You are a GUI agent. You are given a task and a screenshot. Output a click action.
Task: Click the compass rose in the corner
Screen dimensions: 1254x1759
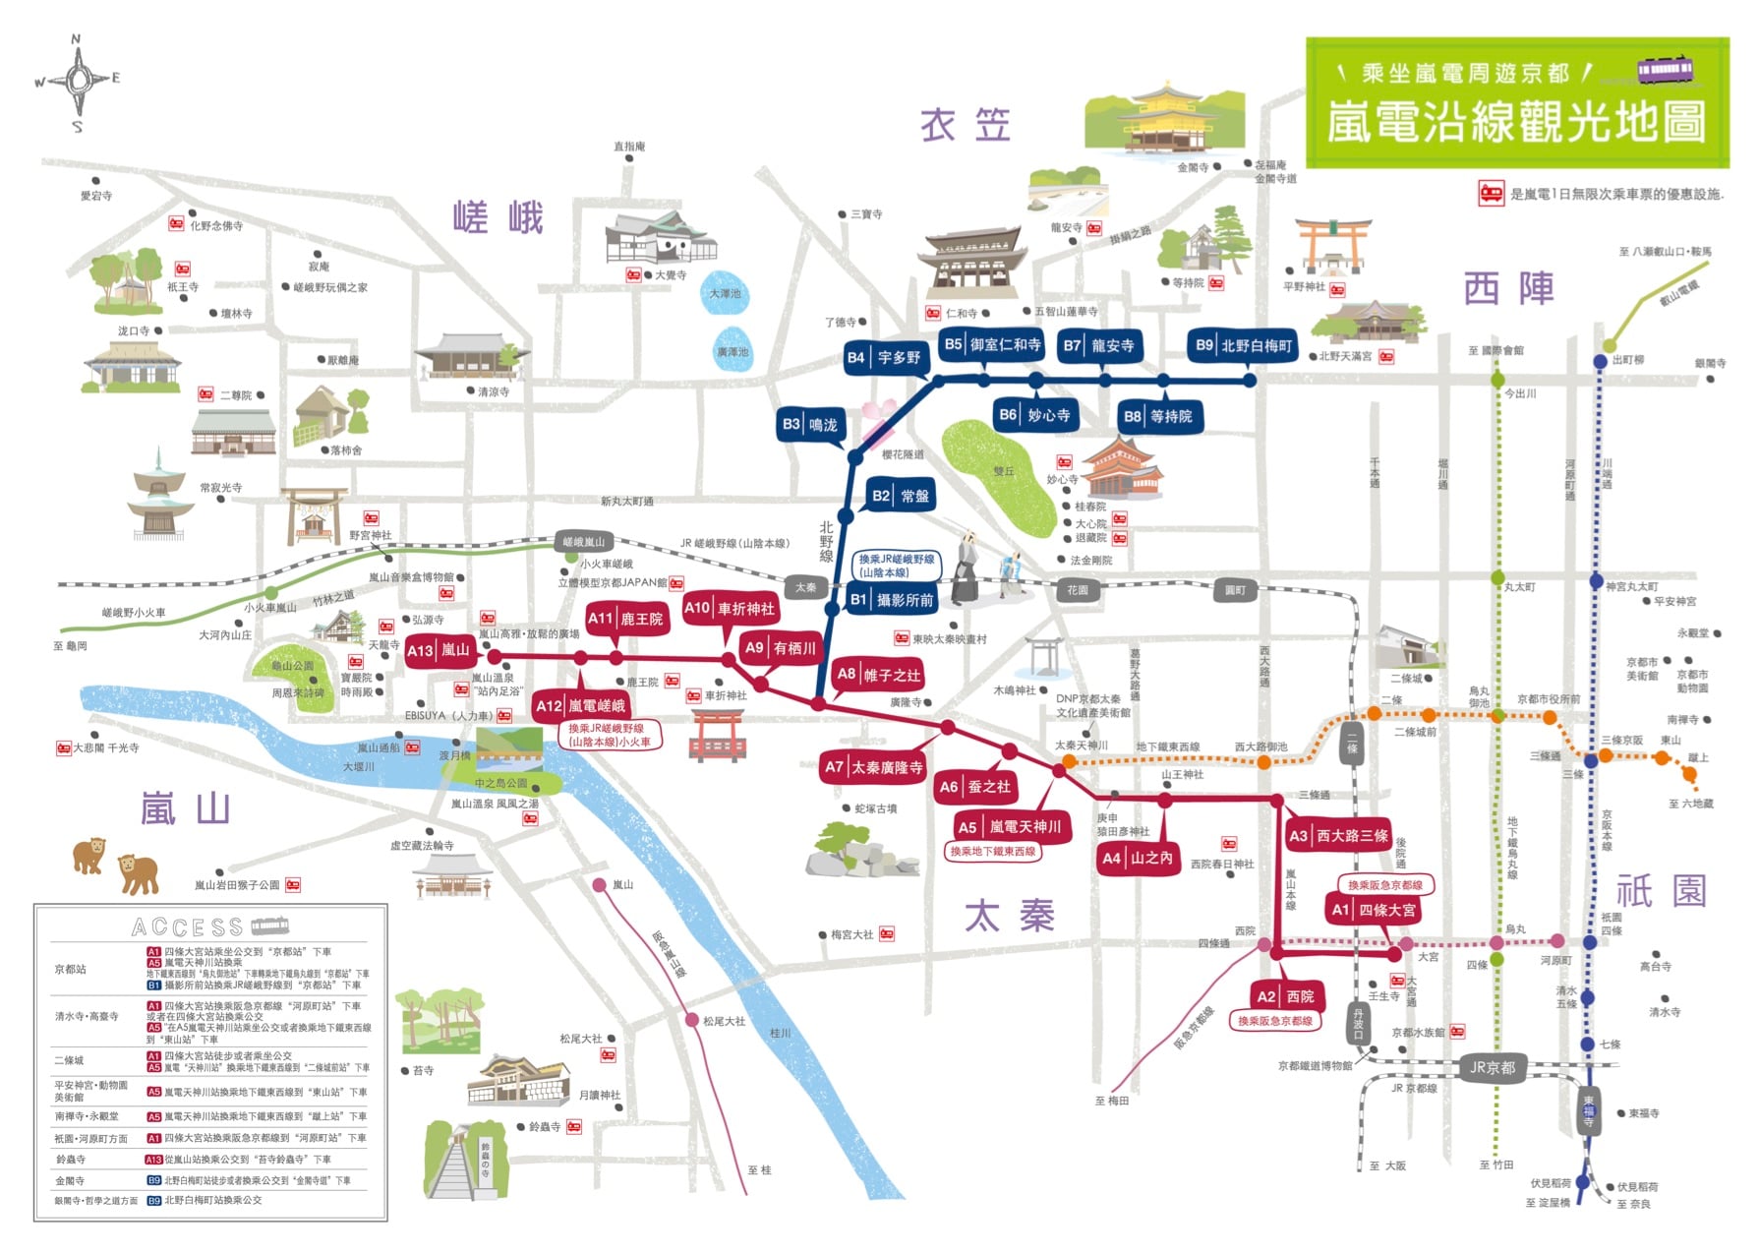pyautogui.click(x=78, y=81)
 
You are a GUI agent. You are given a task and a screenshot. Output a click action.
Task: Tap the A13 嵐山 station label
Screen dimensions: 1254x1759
pyautogui.click(x=440, y=650)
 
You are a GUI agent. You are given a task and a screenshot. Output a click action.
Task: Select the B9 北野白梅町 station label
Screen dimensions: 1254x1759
pyautogui.click(x=1244, y=345)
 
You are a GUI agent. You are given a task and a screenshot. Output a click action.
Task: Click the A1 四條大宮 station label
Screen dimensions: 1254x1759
pyautogui.click(x=1375, y=910)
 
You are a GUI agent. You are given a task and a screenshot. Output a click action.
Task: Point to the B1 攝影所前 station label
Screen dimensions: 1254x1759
pyautogui.click(x=893, y=599)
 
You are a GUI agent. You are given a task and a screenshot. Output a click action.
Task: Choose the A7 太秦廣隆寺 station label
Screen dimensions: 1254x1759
pyautogui.click(x=874, y=767)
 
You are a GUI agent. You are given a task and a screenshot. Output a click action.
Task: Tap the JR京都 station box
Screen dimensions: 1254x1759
pyautogui.click(x=1493, y=1067)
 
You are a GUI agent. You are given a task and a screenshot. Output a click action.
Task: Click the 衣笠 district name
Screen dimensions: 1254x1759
pyautogui.click(x=966, y=126)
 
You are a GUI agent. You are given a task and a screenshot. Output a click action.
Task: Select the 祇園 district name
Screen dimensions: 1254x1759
pyautogui.click(x=1661, y=892)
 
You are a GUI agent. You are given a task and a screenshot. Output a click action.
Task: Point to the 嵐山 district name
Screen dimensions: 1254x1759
pyautogui.click(x=186, y=808)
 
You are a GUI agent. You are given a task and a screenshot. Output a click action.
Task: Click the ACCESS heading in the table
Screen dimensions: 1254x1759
pyautogui.click(x=187, y=926)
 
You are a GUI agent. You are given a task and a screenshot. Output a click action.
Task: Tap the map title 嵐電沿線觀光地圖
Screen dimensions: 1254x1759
pyautogui.click(x=1515, y=122)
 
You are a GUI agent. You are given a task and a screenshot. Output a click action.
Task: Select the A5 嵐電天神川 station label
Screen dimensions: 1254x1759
pyautogui.click(x=1010, y=827)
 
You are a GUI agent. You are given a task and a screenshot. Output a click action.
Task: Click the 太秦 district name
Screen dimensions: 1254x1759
pyautogui.click(x=1009, y=916)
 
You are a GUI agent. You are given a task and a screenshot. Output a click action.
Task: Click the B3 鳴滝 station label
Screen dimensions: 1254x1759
pyautogui.click(x=810, y=425)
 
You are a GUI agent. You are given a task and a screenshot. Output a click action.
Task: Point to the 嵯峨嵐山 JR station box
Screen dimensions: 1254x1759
pyautogui.click(x=584, y=542)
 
